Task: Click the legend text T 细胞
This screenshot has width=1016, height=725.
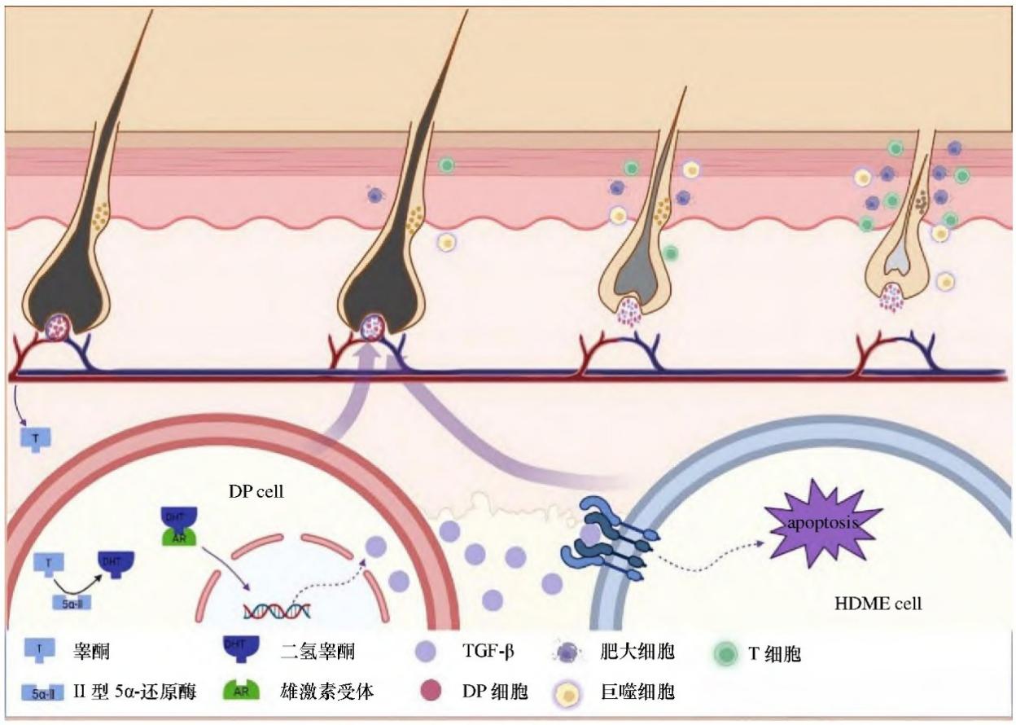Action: [774, 652]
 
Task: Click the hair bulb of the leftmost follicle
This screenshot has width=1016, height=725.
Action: [60, 326]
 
